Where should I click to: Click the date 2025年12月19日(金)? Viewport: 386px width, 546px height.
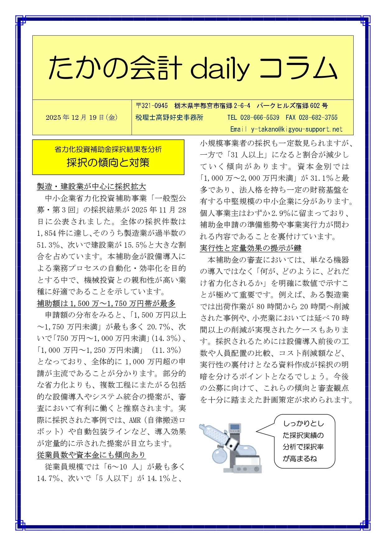click(x=81, y=118)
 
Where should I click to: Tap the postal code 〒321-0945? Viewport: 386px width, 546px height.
click(x=152, y=106)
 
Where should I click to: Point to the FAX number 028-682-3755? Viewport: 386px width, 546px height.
click(x=318, y=118)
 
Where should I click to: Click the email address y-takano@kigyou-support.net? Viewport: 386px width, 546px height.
click(x=296, y=129)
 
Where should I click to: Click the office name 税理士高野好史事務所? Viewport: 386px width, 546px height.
click(x=170, y=118)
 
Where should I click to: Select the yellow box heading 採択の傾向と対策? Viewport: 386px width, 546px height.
click(x=108, y=163)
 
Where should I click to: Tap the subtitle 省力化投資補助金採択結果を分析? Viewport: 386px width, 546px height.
click(x=108, y=150)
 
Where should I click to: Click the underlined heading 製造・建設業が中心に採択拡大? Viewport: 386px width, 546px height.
click(x=91, y=187)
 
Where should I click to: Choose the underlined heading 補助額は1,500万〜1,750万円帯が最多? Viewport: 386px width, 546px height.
click(x=106, y=304)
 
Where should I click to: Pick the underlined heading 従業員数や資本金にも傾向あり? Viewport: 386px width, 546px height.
click(x=91, y=455)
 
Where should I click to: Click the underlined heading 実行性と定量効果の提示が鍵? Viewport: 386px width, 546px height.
click(x=250, y=248)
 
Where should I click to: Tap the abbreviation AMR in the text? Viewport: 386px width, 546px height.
click(x=135, y=420)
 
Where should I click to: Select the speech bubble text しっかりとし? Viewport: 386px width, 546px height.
click(x=303, y=424)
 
